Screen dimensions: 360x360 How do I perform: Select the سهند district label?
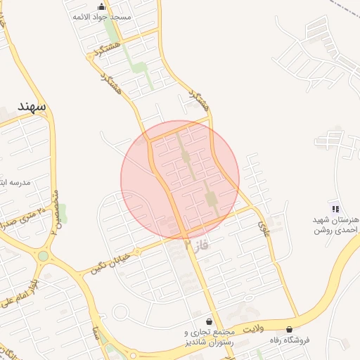pos(31,106)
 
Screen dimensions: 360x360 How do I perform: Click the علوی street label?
pos(264,226)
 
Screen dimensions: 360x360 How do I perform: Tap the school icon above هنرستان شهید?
pos(335,208)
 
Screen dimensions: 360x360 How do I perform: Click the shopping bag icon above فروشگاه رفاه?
pos(290,329)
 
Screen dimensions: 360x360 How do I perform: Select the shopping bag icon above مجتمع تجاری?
pos(209,321)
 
